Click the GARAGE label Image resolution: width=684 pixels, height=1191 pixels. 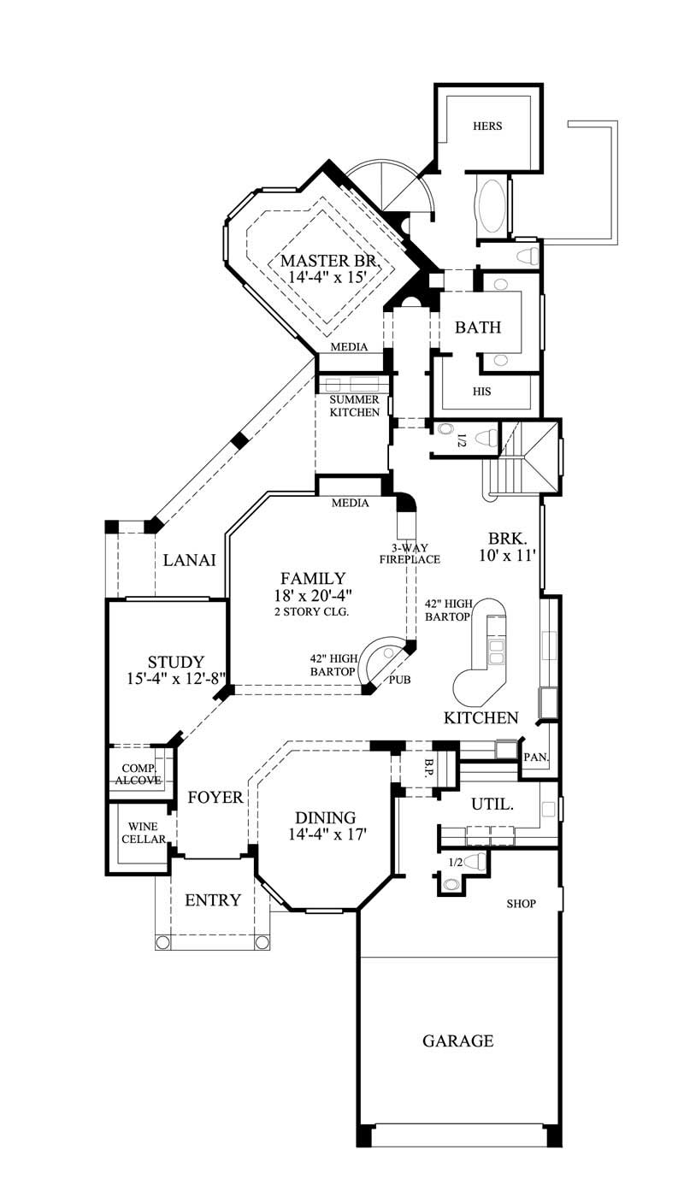[457, 1041]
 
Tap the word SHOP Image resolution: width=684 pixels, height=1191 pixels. [521, 904]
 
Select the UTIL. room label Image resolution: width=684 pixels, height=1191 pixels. [492, 805]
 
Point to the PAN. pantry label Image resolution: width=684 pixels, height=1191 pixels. [536, 757]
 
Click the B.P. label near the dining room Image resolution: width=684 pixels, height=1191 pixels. [431, 764]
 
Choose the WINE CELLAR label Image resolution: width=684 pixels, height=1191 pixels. [141, 833]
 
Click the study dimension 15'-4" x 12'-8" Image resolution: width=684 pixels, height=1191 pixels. [175, 679]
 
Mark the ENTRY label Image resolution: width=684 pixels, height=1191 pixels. [213, 900]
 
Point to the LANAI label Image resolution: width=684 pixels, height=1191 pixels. [188, 561]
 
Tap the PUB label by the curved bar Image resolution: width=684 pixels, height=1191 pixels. [400, 681]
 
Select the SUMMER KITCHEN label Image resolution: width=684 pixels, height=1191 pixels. [354, 406]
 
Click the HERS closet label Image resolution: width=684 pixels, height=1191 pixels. [487, 127]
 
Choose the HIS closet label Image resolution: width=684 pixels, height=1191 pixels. [483, 392]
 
